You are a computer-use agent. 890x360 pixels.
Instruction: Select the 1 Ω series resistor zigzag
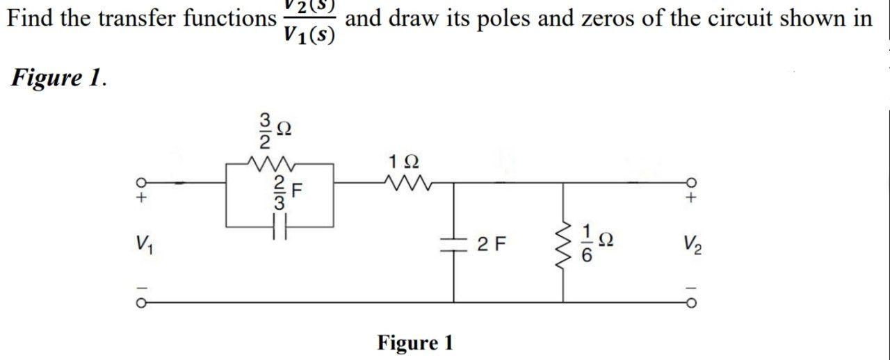tap(403, 183)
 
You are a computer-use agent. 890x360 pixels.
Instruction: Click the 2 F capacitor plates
tap(454, 244)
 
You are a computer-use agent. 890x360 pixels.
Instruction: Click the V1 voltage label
tap(143, 244)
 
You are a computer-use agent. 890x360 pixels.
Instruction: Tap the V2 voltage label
tap(691, 244)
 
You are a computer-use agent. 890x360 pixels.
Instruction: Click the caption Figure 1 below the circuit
tap(415, 343)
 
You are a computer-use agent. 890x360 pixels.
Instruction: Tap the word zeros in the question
tap(604, 18)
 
